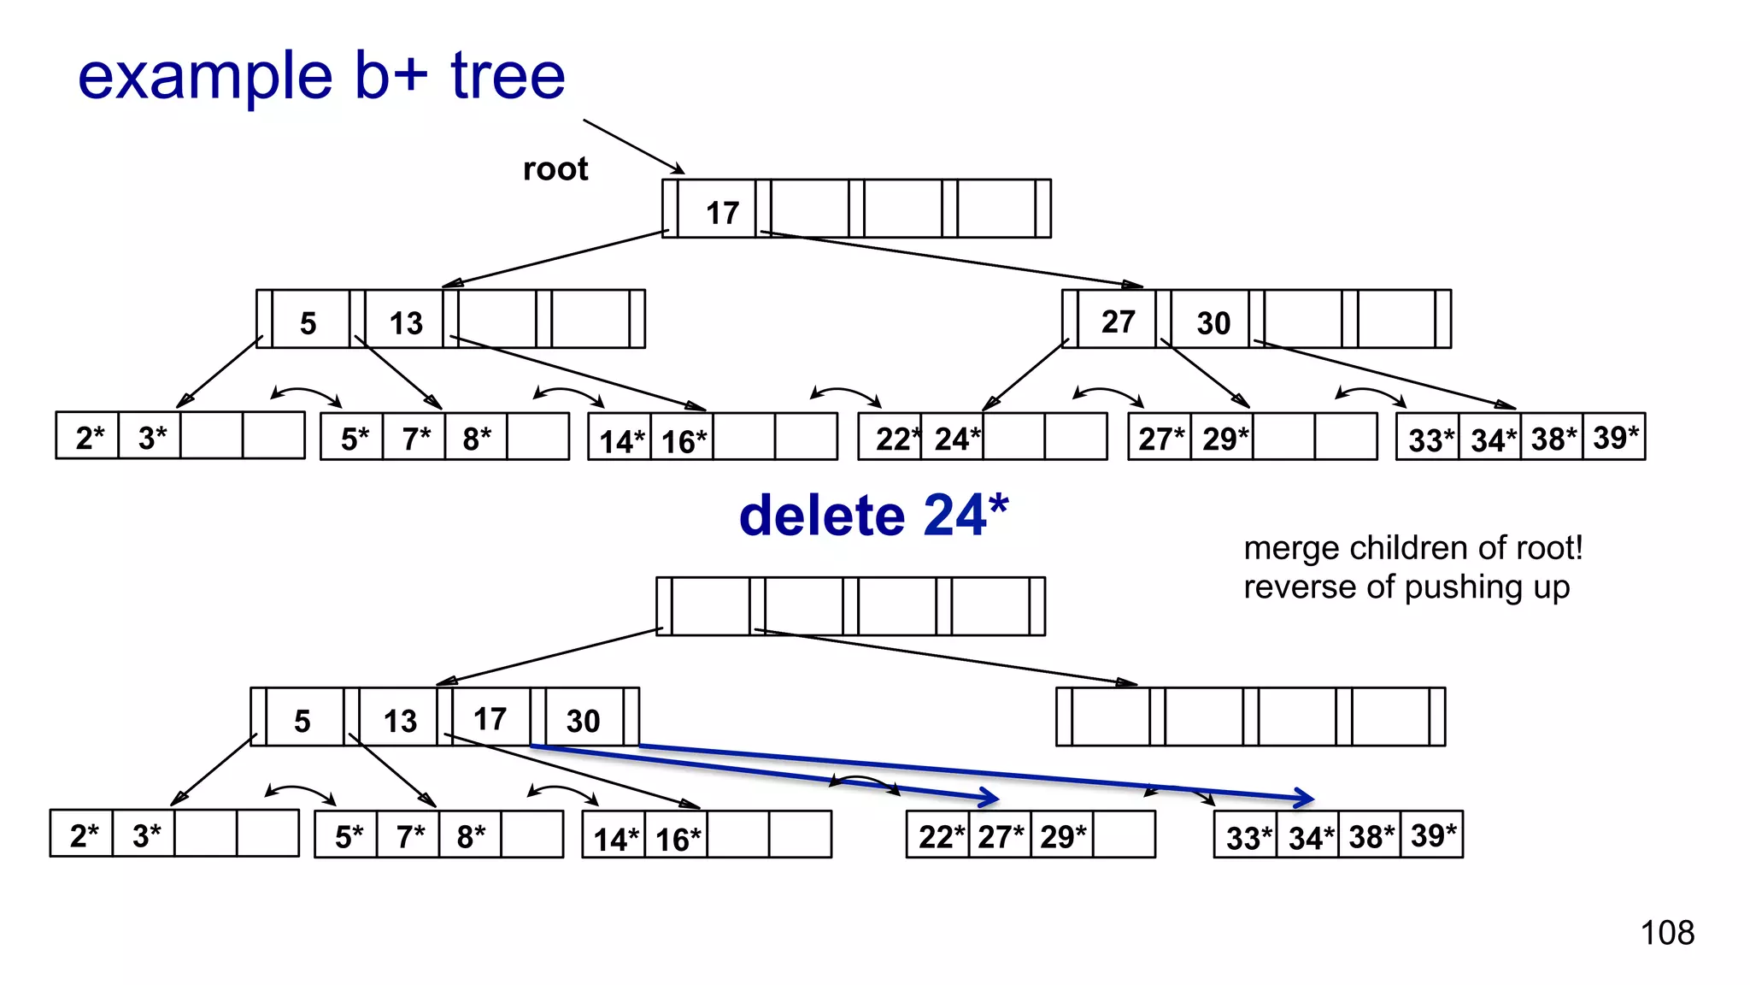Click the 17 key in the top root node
pyautogui.click(x=722, y=212)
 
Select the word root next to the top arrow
pyautogui.click(x=555, y=168)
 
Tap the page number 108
pyautogui.click(x=1667, y=932)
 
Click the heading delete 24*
pyautogui.click(x=873, y=516)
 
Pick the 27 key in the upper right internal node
pyautogui.click(x=1118, y=321)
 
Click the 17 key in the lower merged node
pyautogui.click(x=490, y=719)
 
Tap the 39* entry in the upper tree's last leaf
pyautogui.click(x=1615, y=438)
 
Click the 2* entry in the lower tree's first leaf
pyautogui.click(x=84, y=835)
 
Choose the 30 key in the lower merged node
pyautogui.click(x=583, y=721)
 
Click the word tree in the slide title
pyautogui.click(x=508, y=76)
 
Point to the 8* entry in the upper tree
pyautogui.click(x=476, y=439)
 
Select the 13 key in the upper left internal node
pyautogui.click(x=406, y=323)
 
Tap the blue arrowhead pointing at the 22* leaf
pyautogui.click(x=990, y=797)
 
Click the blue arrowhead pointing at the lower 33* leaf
pyautogui.click(x=1305, y=798)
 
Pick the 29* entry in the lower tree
pyautogui.click(x=1062, y=836)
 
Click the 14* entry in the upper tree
pyautogui.click(x=621, y=441)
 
